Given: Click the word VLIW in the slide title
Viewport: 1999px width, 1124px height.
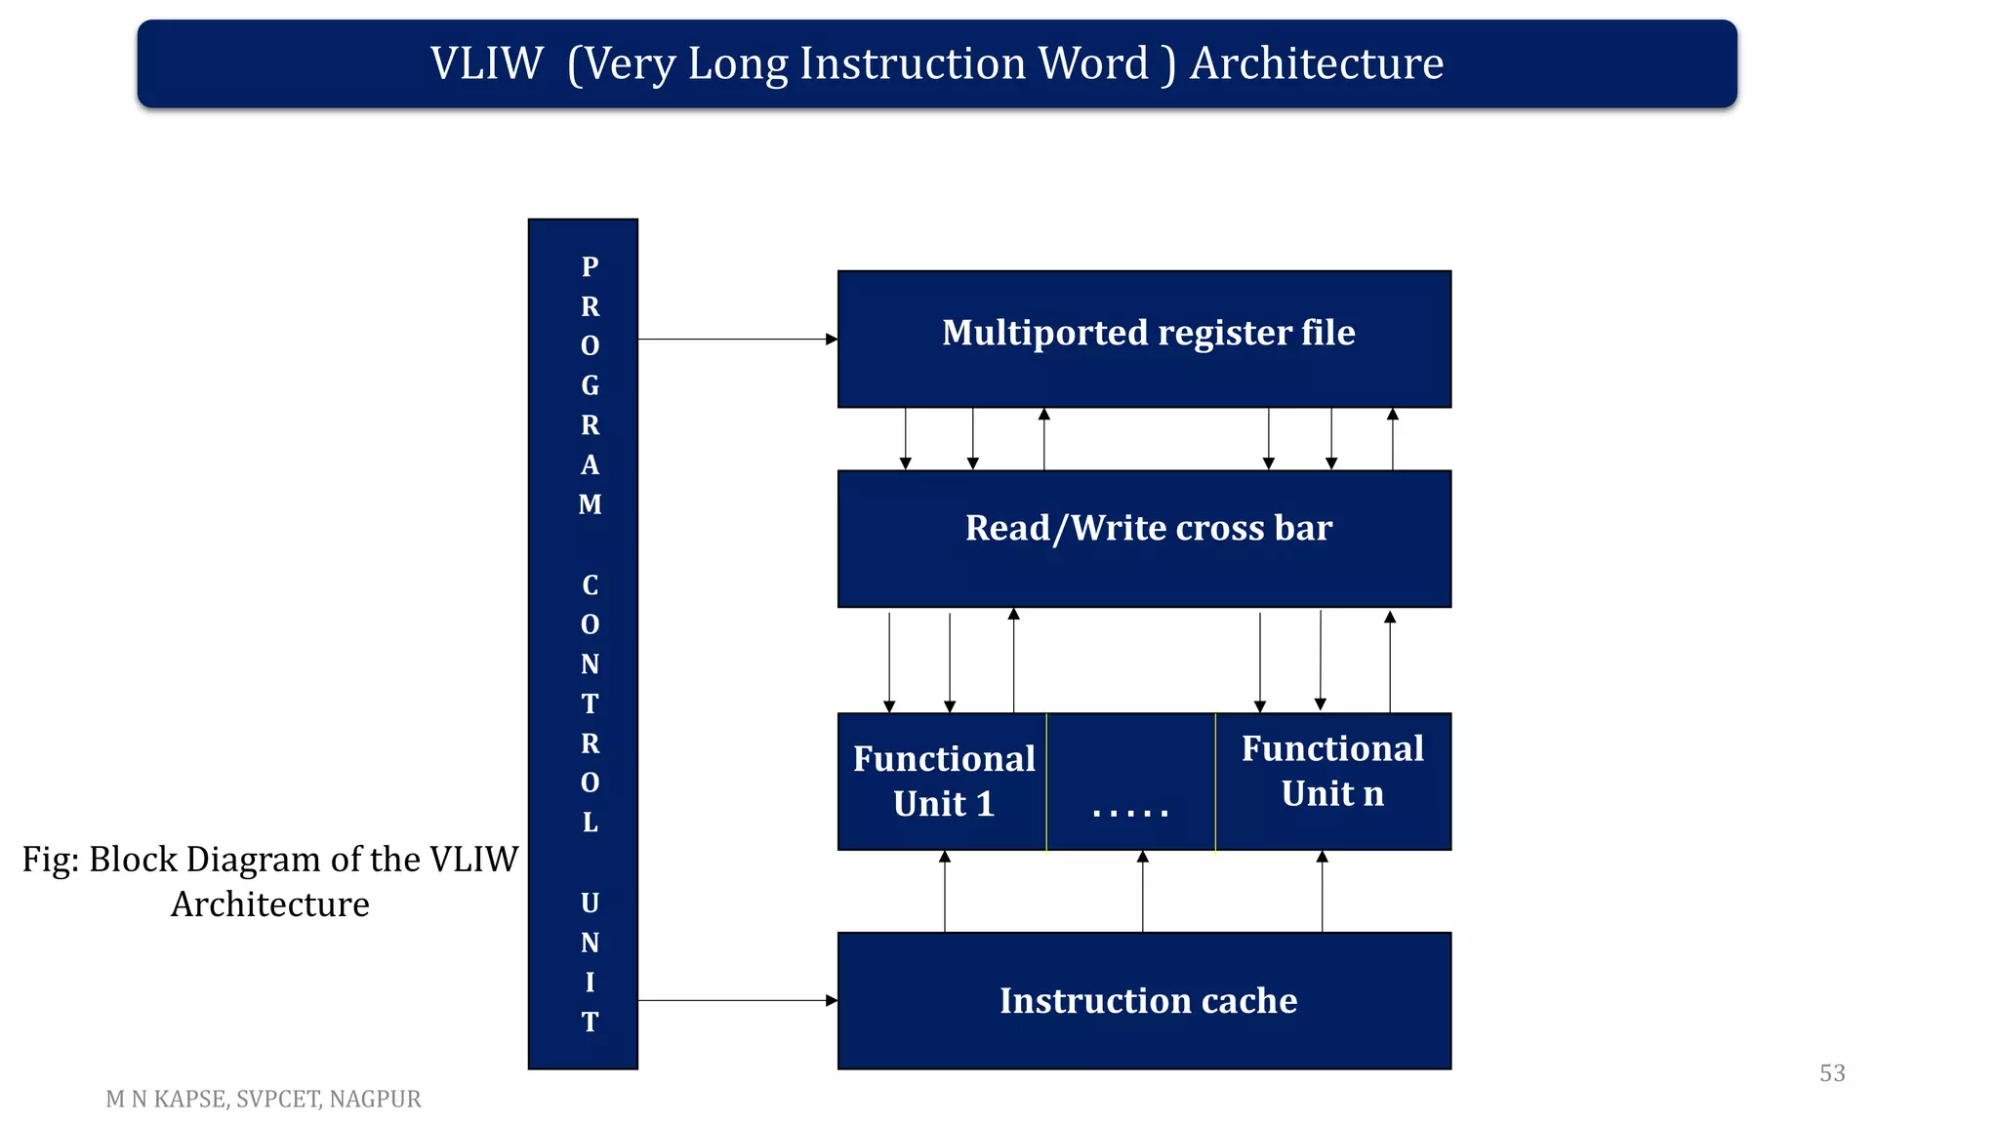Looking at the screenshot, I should coord(486,64).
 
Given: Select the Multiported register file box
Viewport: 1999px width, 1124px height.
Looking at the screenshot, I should coord(1144,339).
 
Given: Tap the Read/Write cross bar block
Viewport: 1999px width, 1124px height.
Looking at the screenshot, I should coord(1144,538).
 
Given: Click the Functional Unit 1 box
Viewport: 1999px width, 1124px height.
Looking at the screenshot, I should coord(942,782).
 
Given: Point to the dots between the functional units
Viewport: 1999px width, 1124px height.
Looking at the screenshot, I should coord(1130,811).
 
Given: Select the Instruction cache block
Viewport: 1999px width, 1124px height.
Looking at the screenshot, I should coord(1144,1000).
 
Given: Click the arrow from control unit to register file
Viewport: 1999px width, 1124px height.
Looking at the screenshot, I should coord(737,340).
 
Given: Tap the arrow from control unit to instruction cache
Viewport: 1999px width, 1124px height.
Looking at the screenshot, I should coord(737,1000).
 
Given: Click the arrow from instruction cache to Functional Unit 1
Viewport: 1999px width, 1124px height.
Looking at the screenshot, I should coord(945,892).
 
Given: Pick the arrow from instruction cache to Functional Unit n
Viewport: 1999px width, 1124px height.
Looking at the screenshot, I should coord(1323,892).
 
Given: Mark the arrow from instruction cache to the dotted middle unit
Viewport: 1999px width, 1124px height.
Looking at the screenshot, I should coord(1143,892).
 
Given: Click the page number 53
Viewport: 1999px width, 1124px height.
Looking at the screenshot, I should coord(1832,1073).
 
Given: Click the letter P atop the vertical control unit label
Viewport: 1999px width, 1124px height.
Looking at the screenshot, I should coord(590,266).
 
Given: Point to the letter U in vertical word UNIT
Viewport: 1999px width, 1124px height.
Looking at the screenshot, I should coord(590,903).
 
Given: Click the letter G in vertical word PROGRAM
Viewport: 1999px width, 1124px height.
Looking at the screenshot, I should coord(590,386).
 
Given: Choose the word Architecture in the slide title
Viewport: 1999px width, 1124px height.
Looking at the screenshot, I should coord(1316,64).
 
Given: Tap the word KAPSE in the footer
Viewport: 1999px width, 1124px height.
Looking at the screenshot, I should coord(190,1100).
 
